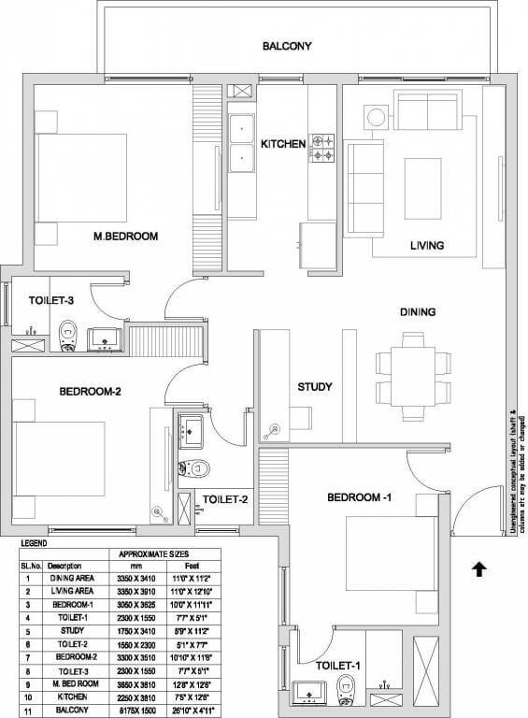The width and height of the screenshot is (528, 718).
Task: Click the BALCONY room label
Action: pyautogui.click(x=287, y=46)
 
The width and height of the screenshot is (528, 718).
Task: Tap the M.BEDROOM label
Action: pyautogui.click(x=124, y=236)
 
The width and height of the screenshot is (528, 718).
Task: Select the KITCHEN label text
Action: pyautogui.click(x=283, y=144)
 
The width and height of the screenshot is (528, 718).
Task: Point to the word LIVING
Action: pyautogui.click(x=427, y=246)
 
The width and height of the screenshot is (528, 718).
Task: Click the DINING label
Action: pyautogui.click(x=419, y=312)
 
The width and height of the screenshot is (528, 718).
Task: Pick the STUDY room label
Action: pyautogui.click(x=315, y=387)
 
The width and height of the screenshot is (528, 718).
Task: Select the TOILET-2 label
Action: pyautogui.click(x=225, y=499)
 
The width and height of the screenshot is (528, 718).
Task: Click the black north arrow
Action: pyautogui.click(x=479, y=567)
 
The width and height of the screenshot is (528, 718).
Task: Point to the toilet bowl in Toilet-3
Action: pyautogui.click(x=67, y=333)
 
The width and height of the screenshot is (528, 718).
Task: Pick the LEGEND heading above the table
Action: pyautogui.click(x=34, y=542)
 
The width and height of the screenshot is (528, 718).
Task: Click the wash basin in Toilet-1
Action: pyautogui.click(x=308, y=693)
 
